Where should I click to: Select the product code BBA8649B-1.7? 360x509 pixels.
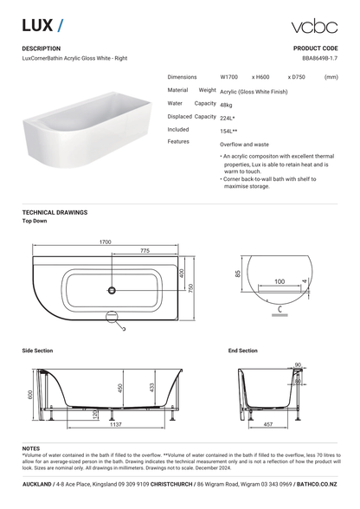pos(319,58)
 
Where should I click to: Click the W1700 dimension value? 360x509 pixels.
pos(231,77)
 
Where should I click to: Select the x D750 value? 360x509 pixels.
pos(296,77)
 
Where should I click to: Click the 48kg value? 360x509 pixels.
pos(227,104)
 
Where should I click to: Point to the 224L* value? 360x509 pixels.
pos(228,118)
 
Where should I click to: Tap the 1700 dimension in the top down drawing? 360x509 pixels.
pos(105,242)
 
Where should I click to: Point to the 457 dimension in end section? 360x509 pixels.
pos(268,425)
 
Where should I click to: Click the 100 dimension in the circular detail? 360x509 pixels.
pos(279,282)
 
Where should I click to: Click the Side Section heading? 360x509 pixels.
pos(38,351)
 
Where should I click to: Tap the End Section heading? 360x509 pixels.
pos(243,351)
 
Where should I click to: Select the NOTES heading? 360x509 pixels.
pos(31,448)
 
